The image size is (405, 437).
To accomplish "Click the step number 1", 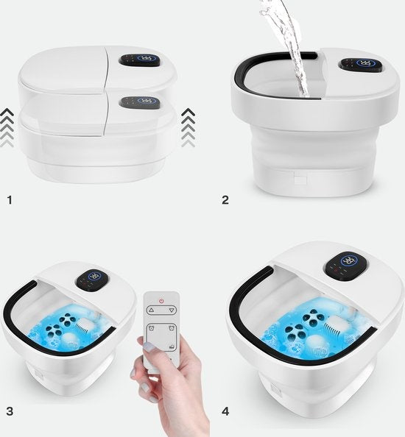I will tap(9, 199).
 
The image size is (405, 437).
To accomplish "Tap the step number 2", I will tap(225, 199).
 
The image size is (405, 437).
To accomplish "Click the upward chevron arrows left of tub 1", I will tap(7, 127).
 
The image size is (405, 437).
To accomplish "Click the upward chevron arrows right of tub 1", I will tap(188, 127).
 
